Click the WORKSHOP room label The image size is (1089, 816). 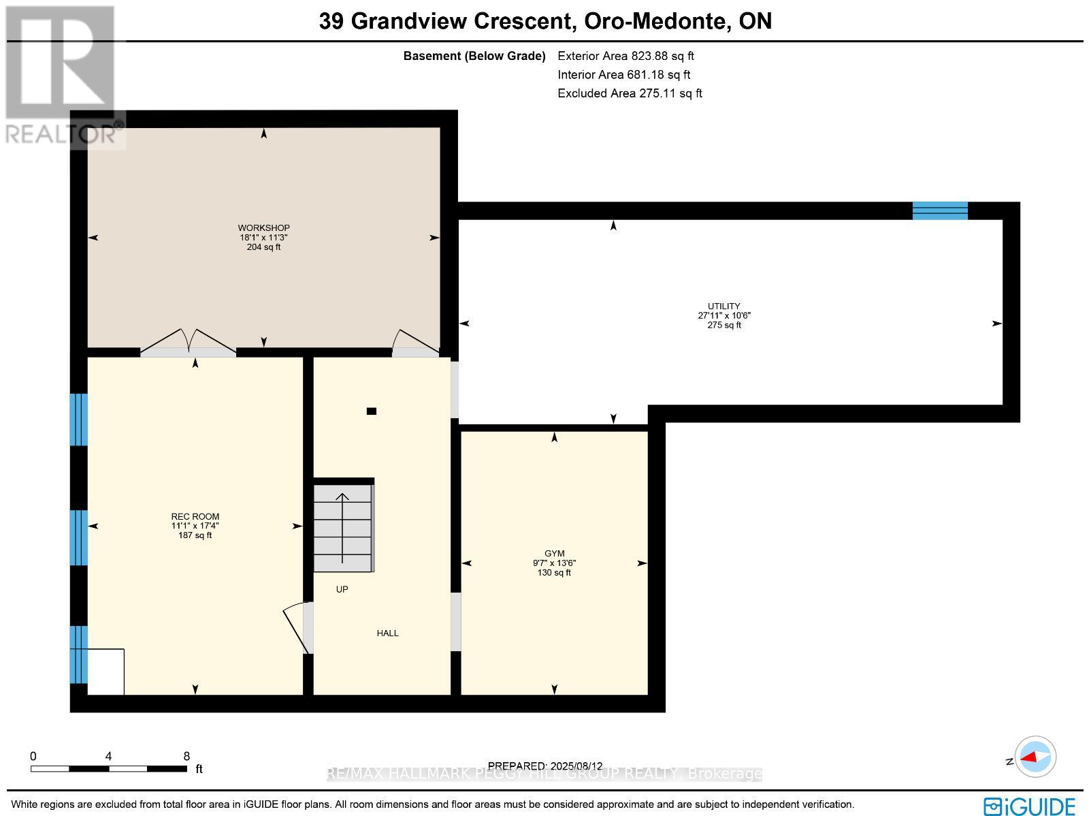(263, 227)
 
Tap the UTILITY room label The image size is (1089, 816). (724, 307)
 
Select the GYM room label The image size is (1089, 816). (554, 554)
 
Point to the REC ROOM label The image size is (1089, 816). (195, 516)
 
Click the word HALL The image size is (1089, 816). (387, 633)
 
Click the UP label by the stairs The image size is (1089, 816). (342, 589)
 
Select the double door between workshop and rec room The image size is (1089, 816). (189, 343)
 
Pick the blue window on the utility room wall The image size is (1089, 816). (939, 210)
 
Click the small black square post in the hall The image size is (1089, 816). (372, 411)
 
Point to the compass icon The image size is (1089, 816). (1035, 757)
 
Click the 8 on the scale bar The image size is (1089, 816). (186, 756)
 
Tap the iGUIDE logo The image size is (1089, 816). (1030, 806)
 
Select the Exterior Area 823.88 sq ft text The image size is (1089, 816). (625, 57)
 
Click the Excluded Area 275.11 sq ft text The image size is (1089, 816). (630, 93)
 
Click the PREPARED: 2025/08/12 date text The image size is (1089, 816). (545, 766)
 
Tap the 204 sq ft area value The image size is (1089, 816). (263, 247)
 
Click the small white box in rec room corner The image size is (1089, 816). (106, 672)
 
